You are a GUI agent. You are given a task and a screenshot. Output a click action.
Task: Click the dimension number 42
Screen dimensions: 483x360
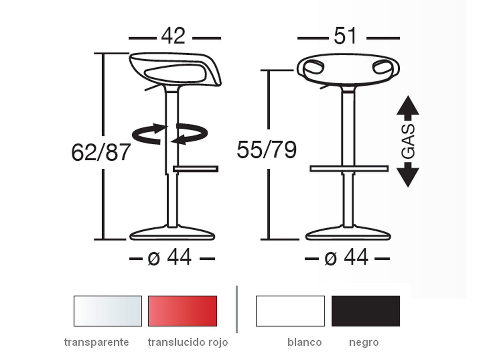pyautogui.click(x=173, y=36)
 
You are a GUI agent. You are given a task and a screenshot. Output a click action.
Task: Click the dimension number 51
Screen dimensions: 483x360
pyautogui.click(x=345, y=36)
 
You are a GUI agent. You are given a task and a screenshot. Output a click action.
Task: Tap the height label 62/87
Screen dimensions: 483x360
pyautogui.click(x=101, y=152)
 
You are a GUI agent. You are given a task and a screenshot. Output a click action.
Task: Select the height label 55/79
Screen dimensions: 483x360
pyautogui.click(x=267, y=150)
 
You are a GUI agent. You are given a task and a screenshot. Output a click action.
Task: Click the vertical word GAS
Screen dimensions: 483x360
pyautogui.click(x=408, y=141)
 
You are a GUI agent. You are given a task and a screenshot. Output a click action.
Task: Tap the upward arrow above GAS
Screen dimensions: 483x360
pyautogui.click(x=408, y=108)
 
